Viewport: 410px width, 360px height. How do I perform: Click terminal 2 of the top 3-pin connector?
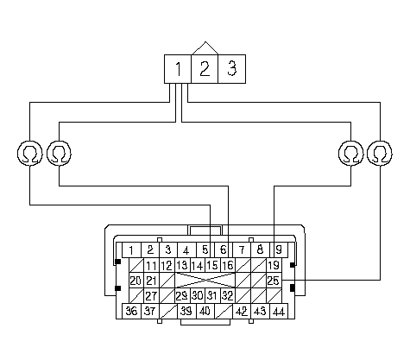coord(205,69)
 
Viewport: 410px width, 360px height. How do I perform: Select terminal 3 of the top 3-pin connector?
coord(232,69)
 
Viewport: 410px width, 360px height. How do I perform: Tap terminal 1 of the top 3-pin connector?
coord(178,69)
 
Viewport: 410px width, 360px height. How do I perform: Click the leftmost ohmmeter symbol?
coord(30,153)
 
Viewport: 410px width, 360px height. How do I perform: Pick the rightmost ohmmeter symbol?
coord(380,153)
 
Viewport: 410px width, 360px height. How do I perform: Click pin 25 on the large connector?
coord(274,281)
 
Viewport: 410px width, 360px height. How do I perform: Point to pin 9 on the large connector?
coord(279,249)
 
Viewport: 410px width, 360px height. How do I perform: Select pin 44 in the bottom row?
coord(279,311)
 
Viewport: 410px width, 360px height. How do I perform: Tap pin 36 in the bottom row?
coord(131,311)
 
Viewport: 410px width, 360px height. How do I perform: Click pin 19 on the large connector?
coord(274,265)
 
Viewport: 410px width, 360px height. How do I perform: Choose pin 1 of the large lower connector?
coord(131,249)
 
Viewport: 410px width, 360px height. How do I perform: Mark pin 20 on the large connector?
coord(136,281)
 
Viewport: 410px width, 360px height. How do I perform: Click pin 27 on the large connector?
coord(151,295)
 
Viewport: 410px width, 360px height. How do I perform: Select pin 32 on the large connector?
coord(228,295)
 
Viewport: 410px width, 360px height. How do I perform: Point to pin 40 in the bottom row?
coord(205,311)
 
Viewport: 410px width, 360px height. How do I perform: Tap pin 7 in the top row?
coord(242,249)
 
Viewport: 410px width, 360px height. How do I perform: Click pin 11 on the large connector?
coord(151,265)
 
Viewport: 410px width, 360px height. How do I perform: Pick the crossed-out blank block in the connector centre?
coord(205,281)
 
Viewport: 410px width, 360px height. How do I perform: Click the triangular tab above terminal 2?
coord(205,49)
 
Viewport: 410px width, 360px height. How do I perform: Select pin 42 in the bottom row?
coord(242,311)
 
